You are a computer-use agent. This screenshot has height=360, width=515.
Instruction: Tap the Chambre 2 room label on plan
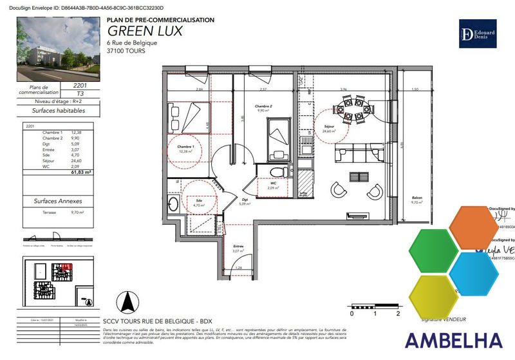point(264,107)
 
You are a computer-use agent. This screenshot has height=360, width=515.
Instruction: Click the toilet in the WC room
point(277,172)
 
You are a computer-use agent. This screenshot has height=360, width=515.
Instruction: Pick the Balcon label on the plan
point(418,199)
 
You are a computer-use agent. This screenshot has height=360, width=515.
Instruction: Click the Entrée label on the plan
point(238,247)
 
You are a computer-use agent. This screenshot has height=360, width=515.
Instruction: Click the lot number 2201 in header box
point(71,85)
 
